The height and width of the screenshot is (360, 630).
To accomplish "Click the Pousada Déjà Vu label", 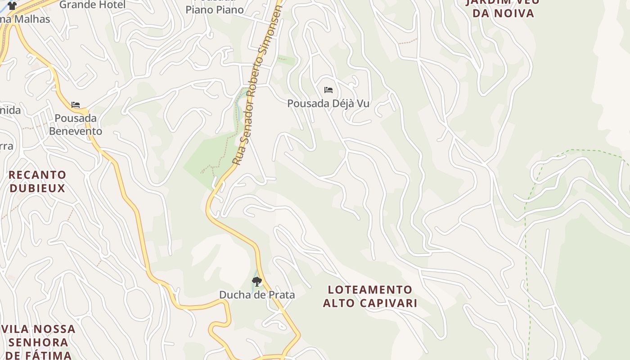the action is [x=328, y=103].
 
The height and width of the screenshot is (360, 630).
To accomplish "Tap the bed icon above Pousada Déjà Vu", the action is [x=328, y=90].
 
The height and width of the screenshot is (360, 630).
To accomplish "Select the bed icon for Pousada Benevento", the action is [x=76, y=105].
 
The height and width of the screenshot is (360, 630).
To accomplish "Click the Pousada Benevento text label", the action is [x=76, y=125].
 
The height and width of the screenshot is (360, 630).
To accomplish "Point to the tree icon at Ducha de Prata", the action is [x=257, y=282].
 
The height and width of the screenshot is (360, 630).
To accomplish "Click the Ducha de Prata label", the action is [x=257, y=295].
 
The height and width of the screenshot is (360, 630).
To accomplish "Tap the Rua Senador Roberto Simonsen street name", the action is [x=256, y=85].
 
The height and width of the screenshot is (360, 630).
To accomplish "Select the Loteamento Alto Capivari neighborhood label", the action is [x=370, y=296].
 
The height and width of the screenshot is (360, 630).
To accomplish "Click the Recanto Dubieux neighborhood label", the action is [x=37, y=181].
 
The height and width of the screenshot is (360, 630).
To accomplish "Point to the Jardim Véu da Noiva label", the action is [x=502, y=7].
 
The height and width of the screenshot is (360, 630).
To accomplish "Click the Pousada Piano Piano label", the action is [x=215, y=7].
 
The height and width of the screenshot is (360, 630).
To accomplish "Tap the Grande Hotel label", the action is [x=93, y=4].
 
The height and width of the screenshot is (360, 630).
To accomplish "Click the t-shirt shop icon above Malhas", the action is [x=12, y=6].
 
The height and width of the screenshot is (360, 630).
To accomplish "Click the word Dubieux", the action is [x=37, y=188].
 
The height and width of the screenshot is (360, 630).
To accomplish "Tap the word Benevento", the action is [x=76, y=131].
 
